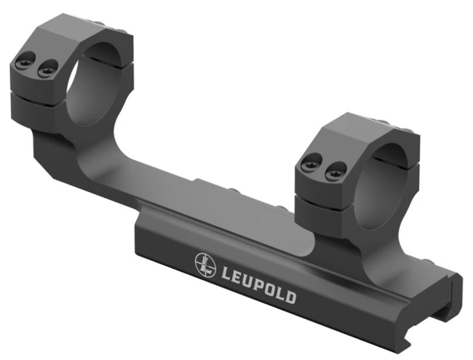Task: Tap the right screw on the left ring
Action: pos(48,68)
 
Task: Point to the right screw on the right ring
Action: pos(335,171)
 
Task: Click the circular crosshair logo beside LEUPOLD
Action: pos(206,263)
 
